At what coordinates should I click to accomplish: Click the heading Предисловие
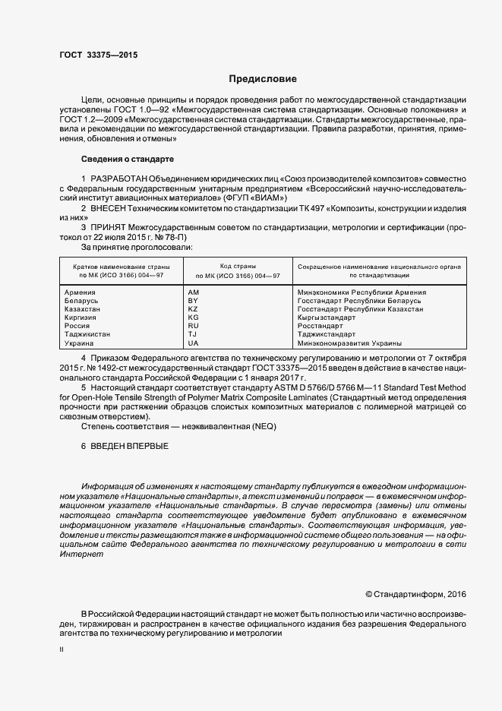pos(264,79)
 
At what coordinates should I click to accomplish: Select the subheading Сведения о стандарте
pos(128,159)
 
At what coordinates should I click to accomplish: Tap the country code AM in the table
pos(192,292)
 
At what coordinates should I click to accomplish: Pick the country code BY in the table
pos(192,301)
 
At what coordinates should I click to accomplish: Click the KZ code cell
pos(192,309)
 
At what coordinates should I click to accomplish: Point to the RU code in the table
pos(192,326)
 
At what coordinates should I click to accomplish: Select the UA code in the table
pos(192,343)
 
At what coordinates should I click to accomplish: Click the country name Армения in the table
pos(80,292)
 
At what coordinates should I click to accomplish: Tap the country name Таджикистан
pos(87,334)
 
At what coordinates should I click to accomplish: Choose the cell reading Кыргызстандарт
pos(327,318)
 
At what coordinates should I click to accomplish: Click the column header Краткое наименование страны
pos(122,268)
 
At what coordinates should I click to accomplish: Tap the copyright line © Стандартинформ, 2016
pos(415,593)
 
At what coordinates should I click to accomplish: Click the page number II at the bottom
pos(62,649)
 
